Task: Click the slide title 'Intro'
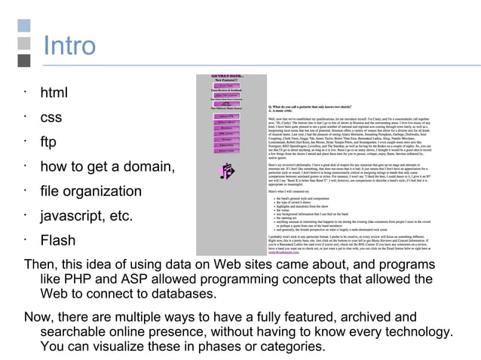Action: (x=69, y=46)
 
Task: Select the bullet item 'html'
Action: (x=54, y=93)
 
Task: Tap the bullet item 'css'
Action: (x=51, y=118)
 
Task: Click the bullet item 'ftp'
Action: (x=48, y=142)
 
